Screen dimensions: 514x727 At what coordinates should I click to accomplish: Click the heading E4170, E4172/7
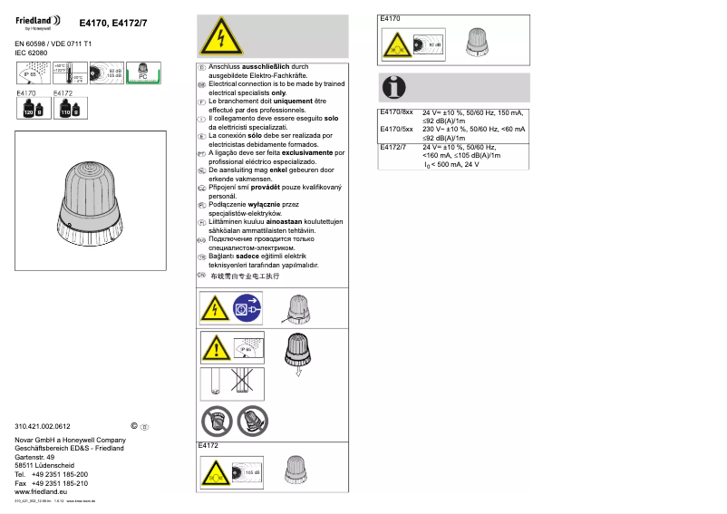coord(112,22)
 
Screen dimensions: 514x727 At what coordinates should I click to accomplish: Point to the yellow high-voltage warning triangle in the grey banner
coord(214,39)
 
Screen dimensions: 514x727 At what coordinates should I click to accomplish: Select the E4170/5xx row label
coord(395,130)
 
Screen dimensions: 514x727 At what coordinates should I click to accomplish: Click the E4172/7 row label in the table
coord(393,147)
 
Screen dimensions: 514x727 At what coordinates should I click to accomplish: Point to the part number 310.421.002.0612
coord(43,426)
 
